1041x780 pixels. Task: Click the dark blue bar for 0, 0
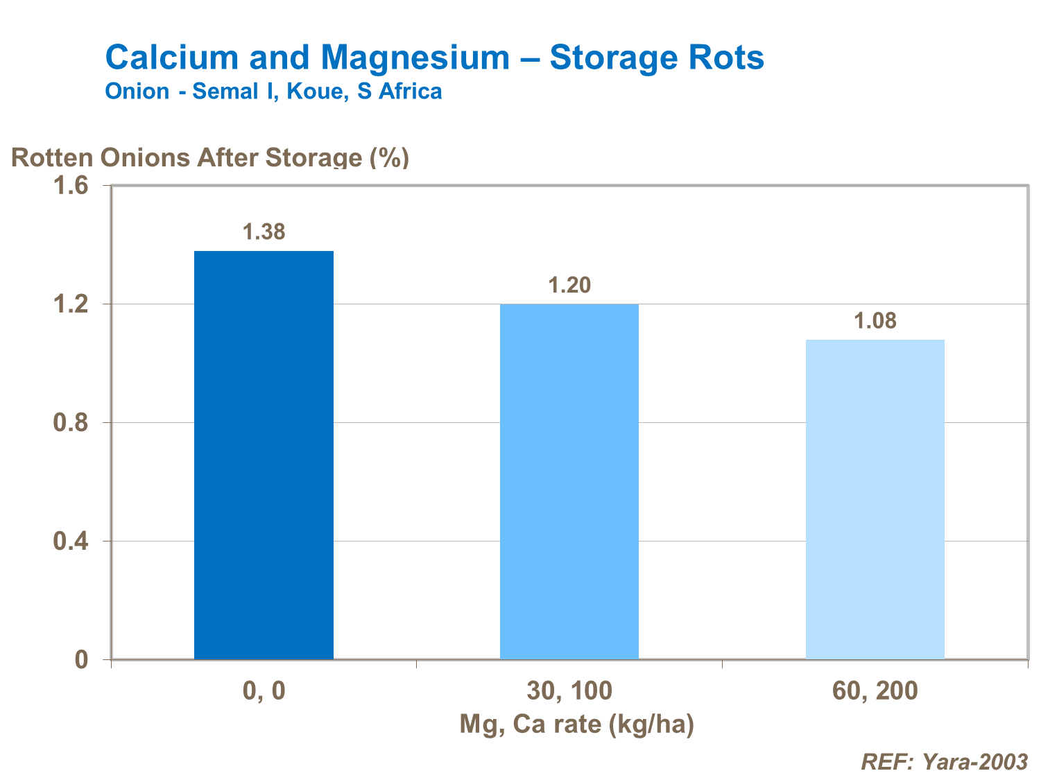pyautogui.click(x=264, y=454)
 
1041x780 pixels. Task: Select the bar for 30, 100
pyautogui.click(x=569, y=481)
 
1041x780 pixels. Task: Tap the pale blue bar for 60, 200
pyautogui.click(x=875, y=499)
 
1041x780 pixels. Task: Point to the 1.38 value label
pyautogui.click(x=264, y=232)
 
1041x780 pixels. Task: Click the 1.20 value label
pyautogui.click(x=569, y=285)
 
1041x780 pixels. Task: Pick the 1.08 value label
pyautogui.click(x=875, y=321)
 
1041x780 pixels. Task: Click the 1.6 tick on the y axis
pyautogui.click(x=71, y=186)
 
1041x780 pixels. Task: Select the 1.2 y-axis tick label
pyautogui.click(x=71, y=304)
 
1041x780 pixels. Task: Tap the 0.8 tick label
pyautogui.click(x=71, y=423)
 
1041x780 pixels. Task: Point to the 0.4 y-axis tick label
pyautogui.click(x=71, y=541)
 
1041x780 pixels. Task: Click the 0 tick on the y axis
pyautogui.click(x=82, y=659)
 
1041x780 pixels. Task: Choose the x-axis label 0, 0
pyautogui.click(x=264, y=691)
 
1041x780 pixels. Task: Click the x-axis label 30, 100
pyautogui.click(x=569, y=691)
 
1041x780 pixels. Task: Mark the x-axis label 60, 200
pyautogui.click(x=875, y=691)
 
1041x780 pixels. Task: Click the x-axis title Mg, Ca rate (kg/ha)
pyautogui.click(x=576, y=724)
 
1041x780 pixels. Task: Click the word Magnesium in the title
pyautogui.click(x=415, y=57)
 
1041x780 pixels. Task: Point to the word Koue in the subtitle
pyautogui.click(x=315, y=92)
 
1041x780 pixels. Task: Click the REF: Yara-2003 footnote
pyautogui.click(x=944, y=762)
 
